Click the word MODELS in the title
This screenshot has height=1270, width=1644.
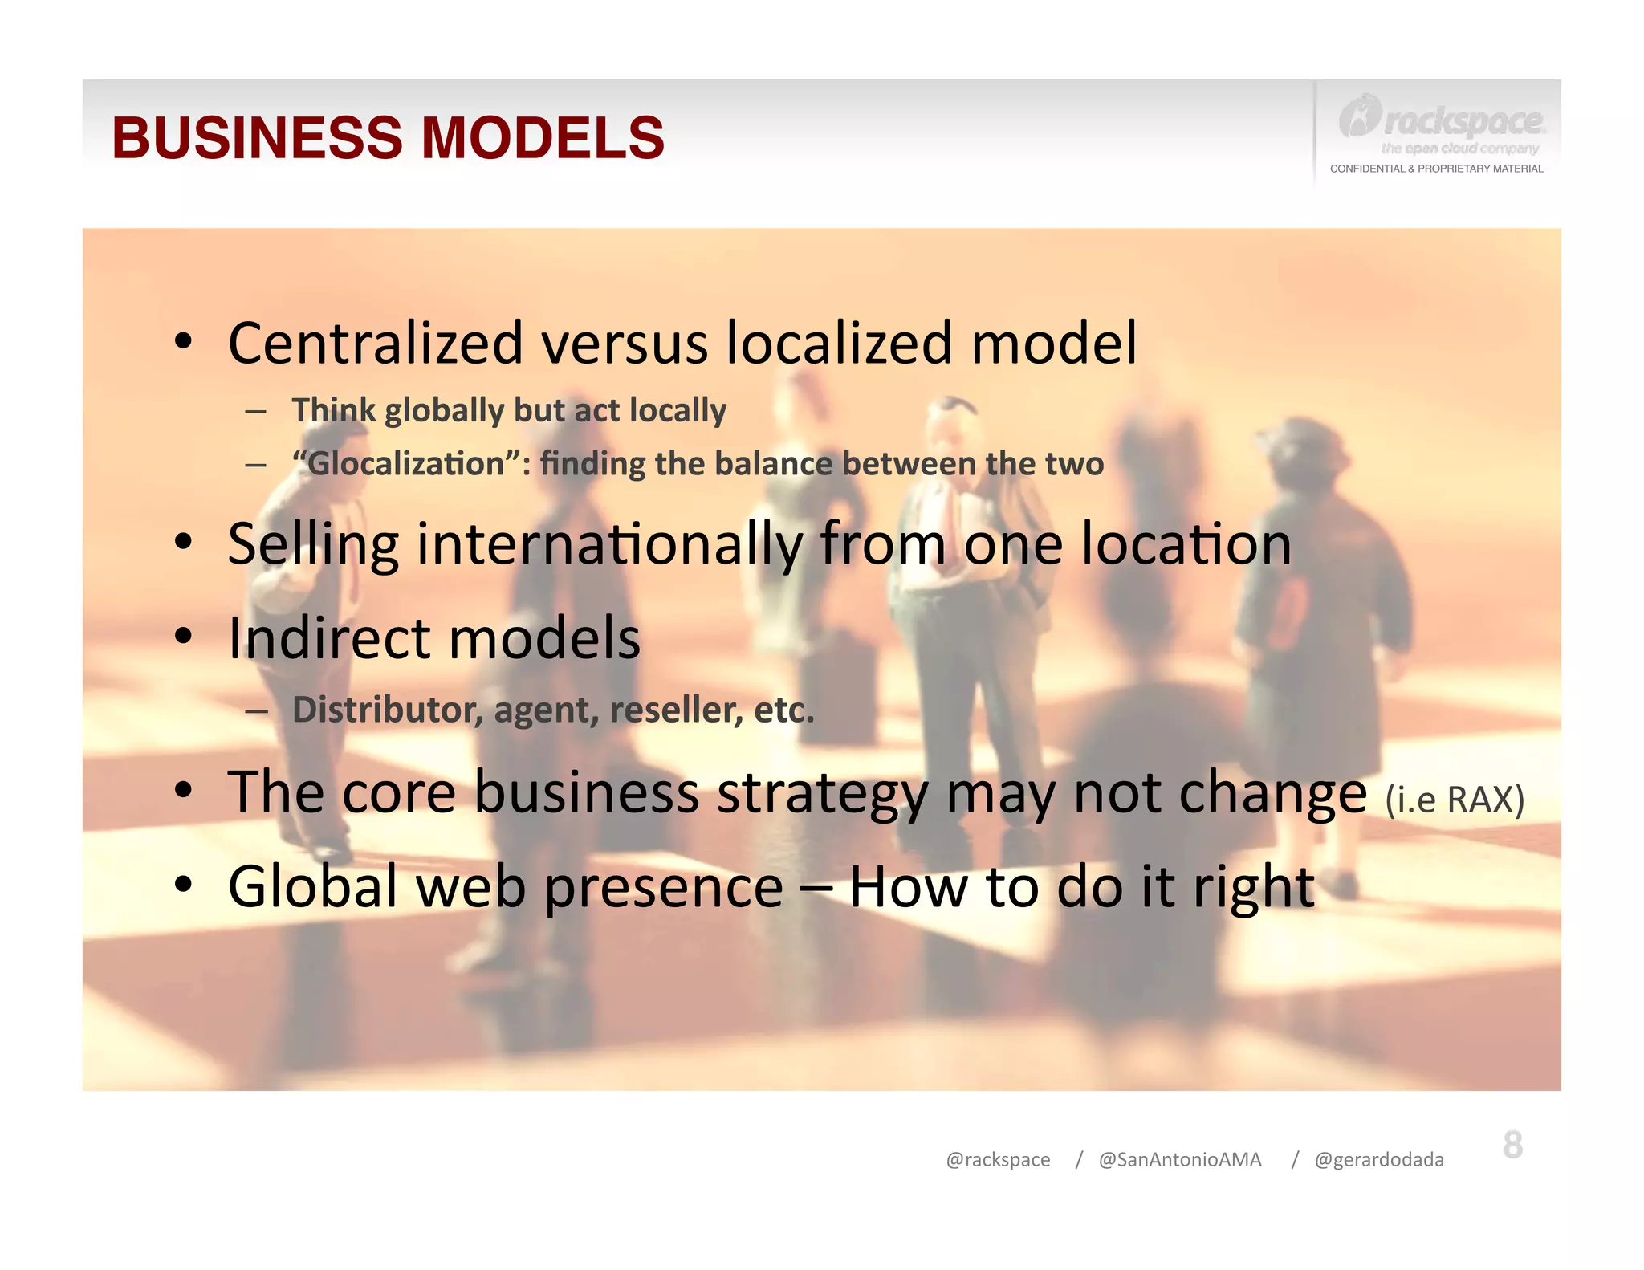tap(543, 138)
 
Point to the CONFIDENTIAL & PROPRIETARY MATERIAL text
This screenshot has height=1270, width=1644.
tap(1436, 169)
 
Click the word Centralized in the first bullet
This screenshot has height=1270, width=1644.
tap(376, 344)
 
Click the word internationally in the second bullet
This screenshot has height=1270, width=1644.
tap(609, 544)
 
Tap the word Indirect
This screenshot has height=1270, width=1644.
tap(329, 639)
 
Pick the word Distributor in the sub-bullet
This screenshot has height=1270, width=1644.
tap(387, 710)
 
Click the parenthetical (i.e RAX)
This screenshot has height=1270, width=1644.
tap(1455, 800)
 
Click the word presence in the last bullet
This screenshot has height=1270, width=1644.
tap(664, 888)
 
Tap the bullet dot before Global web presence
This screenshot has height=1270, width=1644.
tap(184, 884)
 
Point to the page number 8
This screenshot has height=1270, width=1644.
tap(1512, 1145)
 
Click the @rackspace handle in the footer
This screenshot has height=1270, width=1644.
tap(998, 1160)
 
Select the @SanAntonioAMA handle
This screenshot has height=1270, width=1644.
tap(1179, 1160)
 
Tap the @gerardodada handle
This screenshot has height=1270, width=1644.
tap(1378, 1160)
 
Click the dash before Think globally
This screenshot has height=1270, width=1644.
tap(256, 412)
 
